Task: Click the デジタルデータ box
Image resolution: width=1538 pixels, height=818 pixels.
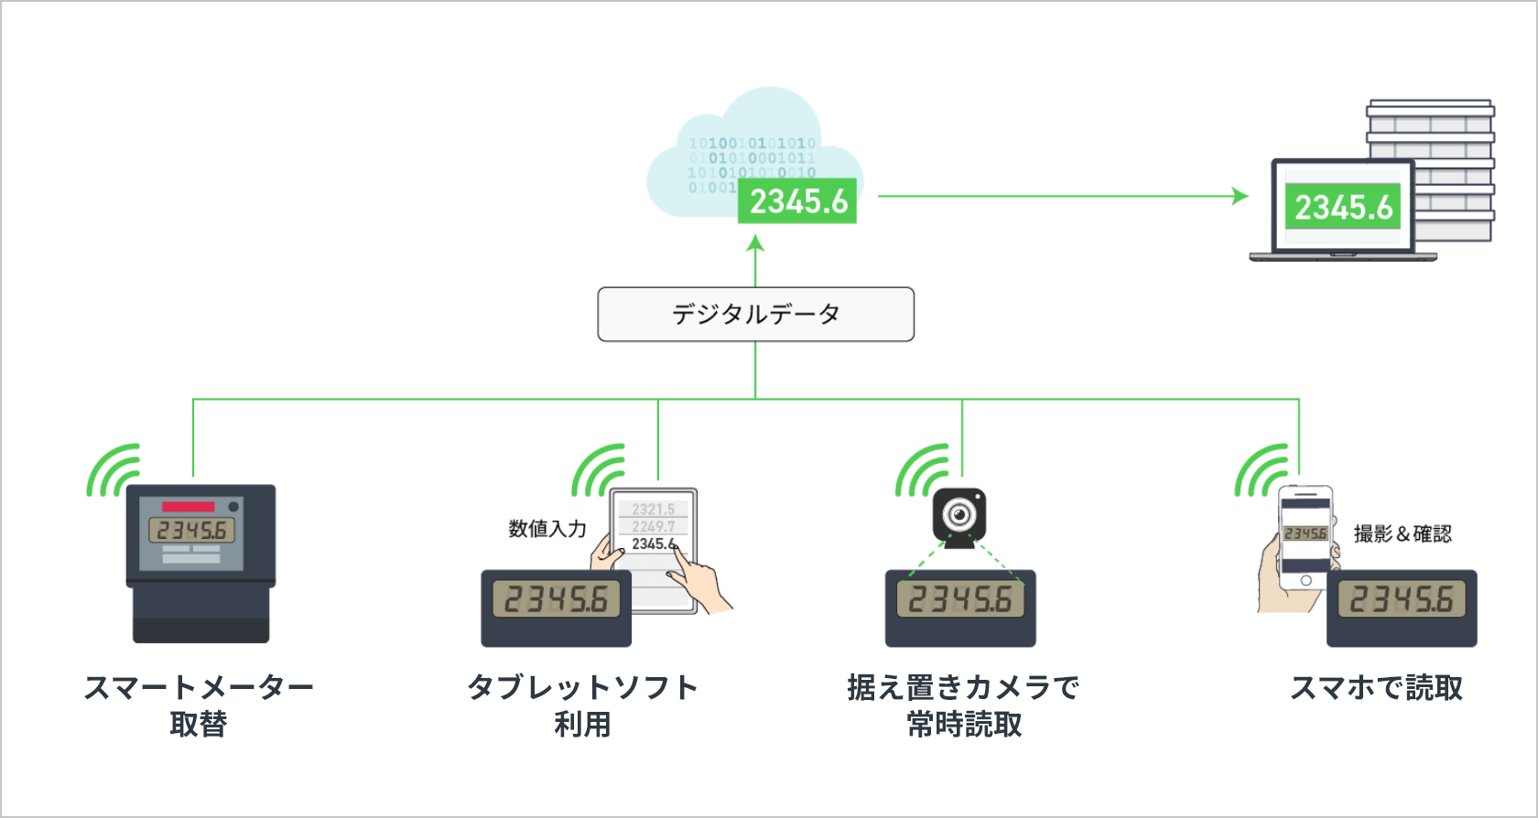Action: tap(755, 315)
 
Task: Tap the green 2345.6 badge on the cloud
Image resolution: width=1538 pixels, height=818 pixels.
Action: tap(797, 201)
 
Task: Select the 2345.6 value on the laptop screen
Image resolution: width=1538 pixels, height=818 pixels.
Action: tap(1342, 208)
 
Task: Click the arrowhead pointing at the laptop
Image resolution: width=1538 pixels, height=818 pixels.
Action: tap(1240, 196)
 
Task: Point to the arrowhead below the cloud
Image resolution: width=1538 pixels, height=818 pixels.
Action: tap(755, 243)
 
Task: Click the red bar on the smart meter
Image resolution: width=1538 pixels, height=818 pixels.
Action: tap(188, 507)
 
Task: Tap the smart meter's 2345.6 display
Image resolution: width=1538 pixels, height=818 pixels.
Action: tap(191, 530)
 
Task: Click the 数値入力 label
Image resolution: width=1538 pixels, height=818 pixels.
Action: tap(547, 529)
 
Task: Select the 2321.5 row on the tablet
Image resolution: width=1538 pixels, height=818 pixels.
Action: tap(653, 509)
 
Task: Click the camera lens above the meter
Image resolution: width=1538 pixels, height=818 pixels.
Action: tap(959, 514)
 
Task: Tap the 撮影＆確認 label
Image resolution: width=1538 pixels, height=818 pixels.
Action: tap(1403, 533)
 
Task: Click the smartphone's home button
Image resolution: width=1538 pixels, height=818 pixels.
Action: tap(1305, 580)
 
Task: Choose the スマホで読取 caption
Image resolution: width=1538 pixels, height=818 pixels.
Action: tap(1376, 687)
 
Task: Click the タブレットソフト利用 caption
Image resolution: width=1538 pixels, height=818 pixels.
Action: tap(582, 705)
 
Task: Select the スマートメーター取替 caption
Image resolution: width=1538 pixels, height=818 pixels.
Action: tap(198, 705)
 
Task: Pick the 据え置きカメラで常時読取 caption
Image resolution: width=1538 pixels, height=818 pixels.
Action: tap(963, 705)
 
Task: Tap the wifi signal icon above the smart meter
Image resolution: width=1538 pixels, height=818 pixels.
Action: tap(114, 470)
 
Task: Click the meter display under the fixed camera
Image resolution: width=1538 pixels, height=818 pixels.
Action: tap(959, 600)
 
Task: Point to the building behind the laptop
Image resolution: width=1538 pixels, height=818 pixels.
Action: tap(1446, 137)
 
